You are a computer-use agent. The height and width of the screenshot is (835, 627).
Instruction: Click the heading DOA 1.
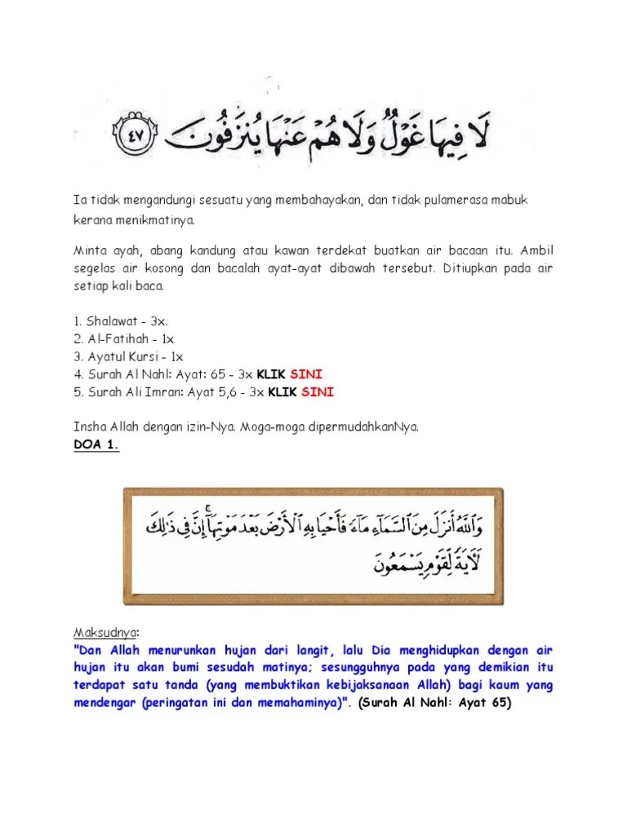pos(93,444)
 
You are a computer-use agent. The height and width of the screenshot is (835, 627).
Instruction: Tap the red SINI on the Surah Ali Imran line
pos(318,391)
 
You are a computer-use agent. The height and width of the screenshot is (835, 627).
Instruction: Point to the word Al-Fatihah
pos(113,339)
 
